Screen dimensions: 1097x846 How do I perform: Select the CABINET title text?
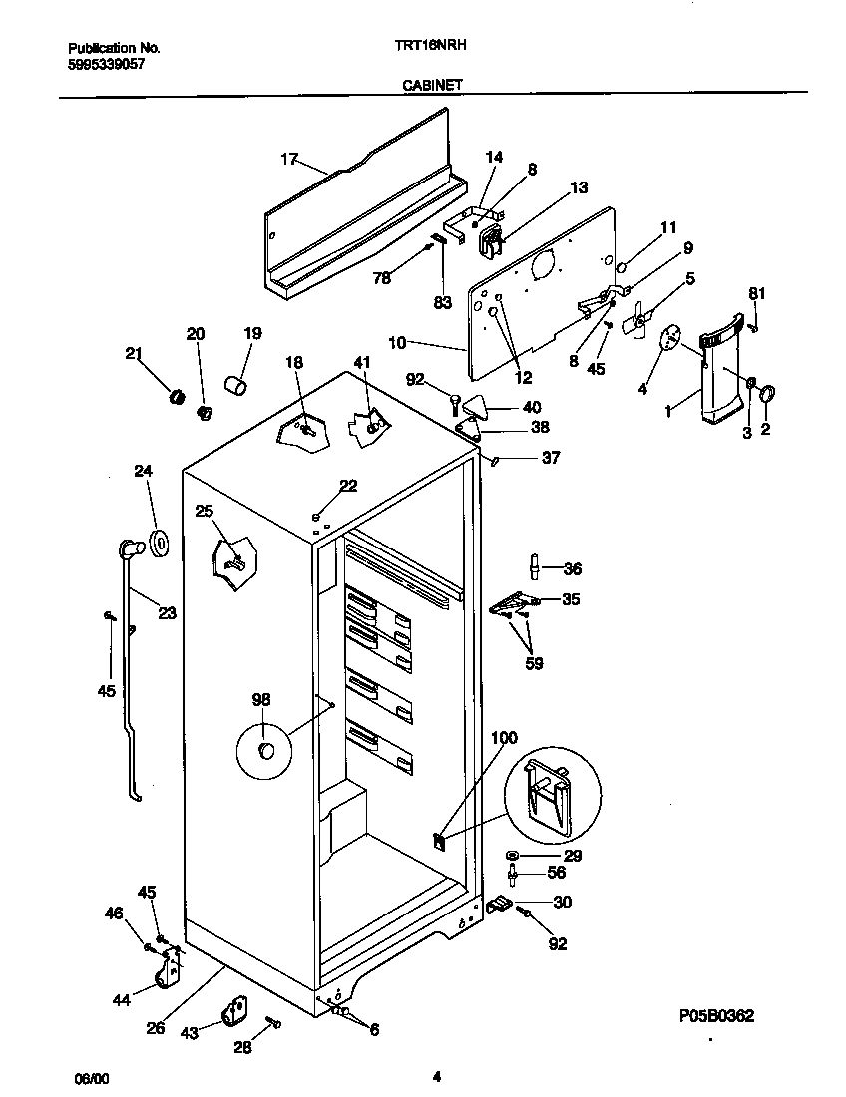point(432,87)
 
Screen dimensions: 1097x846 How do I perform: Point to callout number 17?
point(289,158)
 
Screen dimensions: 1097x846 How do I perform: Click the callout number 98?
point(261,699)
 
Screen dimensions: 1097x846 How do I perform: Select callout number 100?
point(505,738)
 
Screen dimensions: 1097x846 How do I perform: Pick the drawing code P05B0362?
point(713,1016)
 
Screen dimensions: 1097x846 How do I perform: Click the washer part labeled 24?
point(159,543)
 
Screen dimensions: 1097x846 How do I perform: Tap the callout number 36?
point(572,569)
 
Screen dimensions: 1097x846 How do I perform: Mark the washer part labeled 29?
point(512,856)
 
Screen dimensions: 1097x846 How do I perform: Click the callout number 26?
point(155,1028)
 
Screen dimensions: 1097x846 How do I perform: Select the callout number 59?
point(534,662)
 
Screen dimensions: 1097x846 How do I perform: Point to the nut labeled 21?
point(178,397)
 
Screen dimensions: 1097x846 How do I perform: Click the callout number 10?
point(396,343)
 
